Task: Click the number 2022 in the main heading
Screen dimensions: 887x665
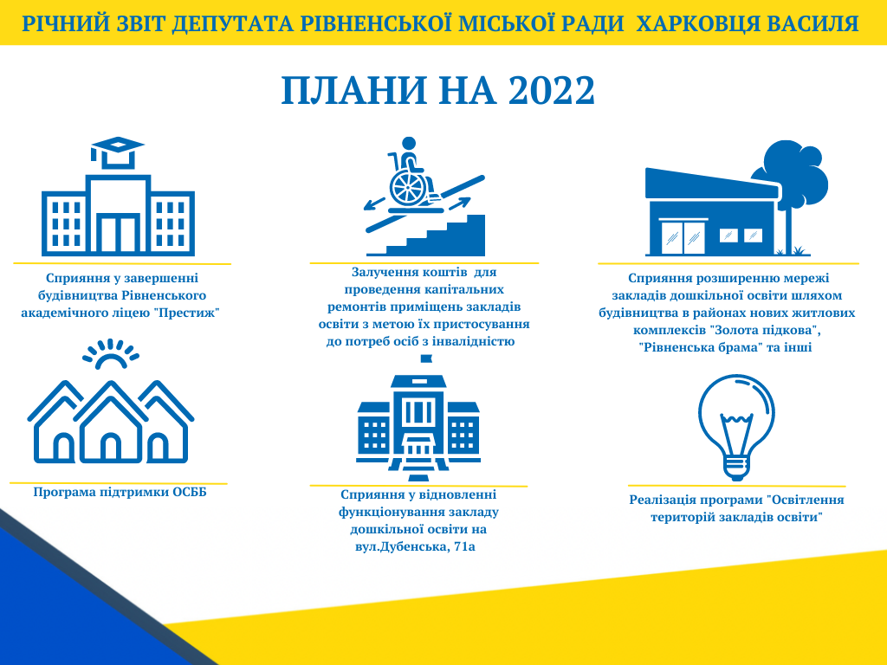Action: coord(552,90)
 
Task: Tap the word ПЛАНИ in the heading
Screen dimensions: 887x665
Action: coord(354,90)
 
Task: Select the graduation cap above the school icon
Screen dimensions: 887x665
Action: coord(118,152)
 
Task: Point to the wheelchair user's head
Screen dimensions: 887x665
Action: coord(409,144)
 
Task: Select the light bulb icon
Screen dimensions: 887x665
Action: coord(736,427)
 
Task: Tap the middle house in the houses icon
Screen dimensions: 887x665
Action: coord(111,422)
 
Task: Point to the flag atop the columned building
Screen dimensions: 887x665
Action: coord(426,359)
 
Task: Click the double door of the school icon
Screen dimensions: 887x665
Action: coord(118,234)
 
